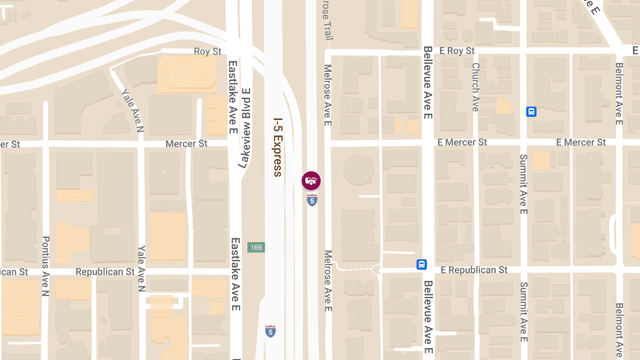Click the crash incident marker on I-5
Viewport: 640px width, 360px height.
tap(311, 180)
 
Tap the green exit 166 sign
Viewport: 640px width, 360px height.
tap(256, 247)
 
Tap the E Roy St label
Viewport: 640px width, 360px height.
tap(455, 51)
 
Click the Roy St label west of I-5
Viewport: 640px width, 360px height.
tap(207, 51)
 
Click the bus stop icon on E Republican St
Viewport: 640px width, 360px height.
tap(422, 265)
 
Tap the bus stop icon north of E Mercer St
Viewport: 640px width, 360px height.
tap(531, 111)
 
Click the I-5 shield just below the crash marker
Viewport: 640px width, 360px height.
tap(312, 201)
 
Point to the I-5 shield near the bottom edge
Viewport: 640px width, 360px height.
tap(270, 331)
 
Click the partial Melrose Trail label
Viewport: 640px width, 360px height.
tap(327, 20)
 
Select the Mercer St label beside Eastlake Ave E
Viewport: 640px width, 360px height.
tap(186, 144)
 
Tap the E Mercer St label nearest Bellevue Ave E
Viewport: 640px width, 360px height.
tap(462, 142)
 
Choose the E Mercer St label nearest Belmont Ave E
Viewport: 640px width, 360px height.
tap(581, 142)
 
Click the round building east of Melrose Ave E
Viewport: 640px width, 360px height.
tap(358, 170)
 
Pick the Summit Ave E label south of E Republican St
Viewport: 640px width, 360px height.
tap(523, 311)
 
